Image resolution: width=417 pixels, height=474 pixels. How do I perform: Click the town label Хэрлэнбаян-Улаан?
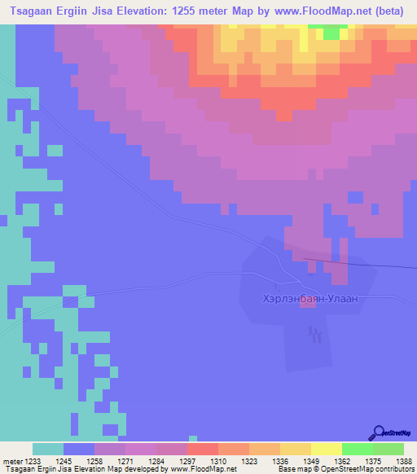[x=309, y=299]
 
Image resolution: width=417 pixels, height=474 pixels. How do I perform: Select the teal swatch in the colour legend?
[x=48, y=449]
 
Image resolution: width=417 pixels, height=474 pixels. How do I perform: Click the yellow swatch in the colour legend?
[x=326, y=449]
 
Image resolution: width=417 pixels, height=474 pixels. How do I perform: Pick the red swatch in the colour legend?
[x=202, y=449]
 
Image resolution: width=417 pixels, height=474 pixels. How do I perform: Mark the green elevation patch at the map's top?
[x=331, y=33]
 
